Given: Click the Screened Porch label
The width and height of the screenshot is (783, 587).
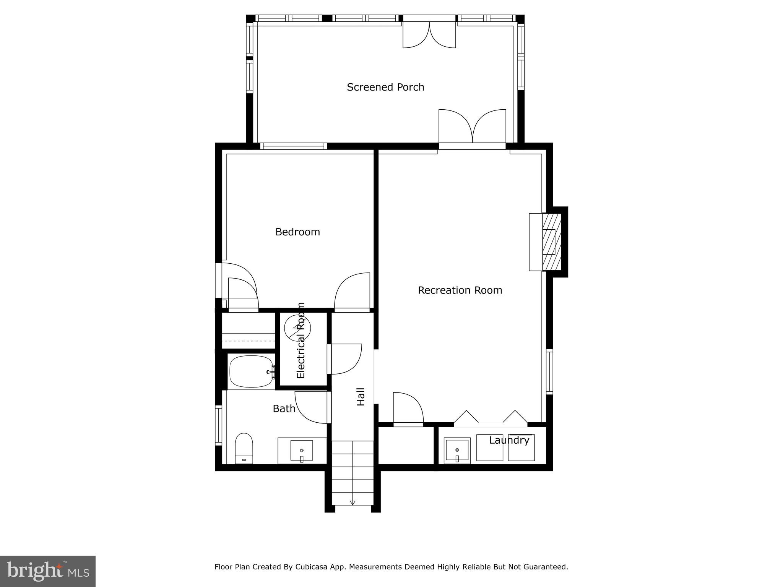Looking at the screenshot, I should [x=385, y=87].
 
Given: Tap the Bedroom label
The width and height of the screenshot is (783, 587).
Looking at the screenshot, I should [x=297, y=232].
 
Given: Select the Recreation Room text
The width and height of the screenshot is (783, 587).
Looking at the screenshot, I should [x=460, y=290].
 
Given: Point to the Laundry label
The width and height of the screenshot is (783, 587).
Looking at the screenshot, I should [x=509, y=440].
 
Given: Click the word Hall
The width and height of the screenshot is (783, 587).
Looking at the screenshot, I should [x=361, y=397].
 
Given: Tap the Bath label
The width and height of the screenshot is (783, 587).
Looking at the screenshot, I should [x=284, y=409].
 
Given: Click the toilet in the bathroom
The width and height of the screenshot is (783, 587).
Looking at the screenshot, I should [x=244, y=447].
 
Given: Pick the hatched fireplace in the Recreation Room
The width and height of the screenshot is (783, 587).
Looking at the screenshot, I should [x=552, y=242].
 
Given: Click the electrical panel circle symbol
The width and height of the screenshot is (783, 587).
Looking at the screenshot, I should [x=297, y=328].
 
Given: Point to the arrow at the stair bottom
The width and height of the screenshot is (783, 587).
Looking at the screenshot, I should [x=353, y=503].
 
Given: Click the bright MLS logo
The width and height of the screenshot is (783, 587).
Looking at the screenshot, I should [x=47, y=571].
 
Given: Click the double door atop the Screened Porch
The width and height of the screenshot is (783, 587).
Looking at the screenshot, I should [x=429, y=34].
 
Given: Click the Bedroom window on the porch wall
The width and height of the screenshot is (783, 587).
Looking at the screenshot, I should [x=294, y=146].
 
